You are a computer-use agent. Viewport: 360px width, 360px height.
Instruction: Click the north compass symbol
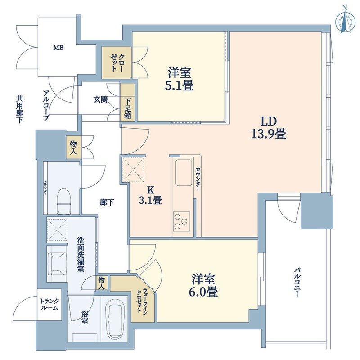point(345,22)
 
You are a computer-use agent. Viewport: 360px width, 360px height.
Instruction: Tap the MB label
point(58,48)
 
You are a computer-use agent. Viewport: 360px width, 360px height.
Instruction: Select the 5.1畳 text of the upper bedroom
point(179,86)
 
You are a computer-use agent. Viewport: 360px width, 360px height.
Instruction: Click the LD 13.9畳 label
point(268,128)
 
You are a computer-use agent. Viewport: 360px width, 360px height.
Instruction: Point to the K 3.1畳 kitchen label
point(150,195)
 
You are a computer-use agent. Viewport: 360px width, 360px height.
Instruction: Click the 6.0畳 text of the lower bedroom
point(203,292)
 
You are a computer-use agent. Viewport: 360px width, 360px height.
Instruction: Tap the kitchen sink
point(184,172)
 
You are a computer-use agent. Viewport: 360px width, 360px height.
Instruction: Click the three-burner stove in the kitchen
point(181,221)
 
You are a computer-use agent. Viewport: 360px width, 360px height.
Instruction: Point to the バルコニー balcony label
point(297,282)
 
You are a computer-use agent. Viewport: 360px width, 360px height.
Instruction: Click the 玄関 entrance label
point(100,99)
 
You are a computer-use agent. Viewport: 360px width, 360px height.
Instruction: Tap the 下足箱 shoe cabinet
point(128,102)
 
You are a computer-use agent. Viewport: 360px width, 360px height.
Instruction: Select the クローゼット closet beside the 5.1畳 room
point(117,63)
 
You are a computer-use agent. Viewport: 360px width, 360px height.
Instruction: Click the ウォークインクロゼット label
point(142,300)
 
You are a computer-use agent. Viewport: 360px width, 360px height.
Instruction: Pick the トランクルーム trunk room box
point(49,305)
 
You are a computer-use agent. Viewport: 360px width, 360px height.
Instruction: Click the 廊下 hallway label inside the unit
point(107,202)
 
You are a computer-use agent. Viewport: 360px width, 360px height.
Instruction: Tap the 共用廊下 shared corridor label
point(19,109)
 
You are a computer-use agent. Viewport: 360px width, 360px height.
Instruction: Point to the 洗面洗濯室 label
point(81,255)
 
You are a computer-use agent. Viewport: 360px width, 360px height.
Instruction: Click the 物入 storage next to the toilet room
point(74,147)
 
